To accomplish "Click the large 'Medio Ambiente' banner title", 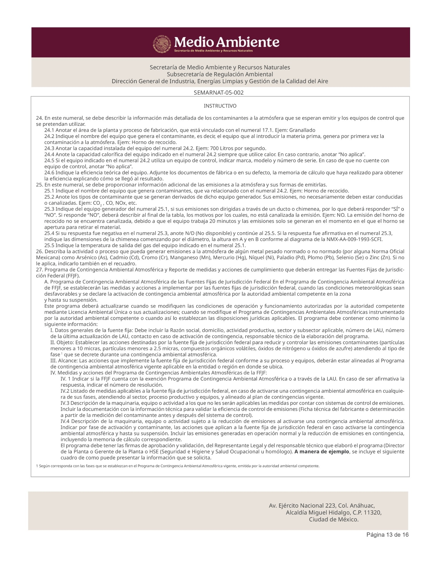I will click(x=226, y=42).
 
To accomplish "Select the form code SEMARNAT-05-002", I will click(x=219, y=93).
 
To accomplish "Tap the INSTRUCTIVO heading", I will click(x=220, y=106).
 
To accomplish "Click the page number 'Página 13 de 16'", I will click(x=387, y=535).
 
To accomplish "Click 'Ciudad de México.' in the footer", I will click(x=334, y=519).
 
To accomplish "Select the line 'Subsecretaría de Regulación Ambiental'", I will click(x=220, y=74).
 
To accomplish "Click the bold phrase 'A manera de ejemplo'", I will click(x=322, y=451).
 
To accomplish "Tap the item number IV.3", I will click(x=65, y=403).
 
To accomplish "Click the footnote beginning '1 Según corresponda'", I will click(x=178, y=466).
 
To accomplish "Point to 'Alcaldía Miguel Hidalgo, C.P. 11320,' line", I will click(x=334, y=512).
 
